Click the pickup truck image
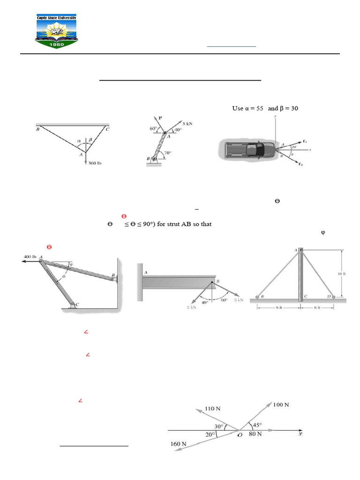pos(248,150)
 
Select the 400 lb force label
pos(30,256)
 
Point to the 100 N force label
pos(280,404)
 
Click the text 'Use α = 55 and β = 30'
pos(265,108)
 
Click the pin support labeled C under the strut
pos(73,305)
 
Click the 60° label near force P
pos(152,128)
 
